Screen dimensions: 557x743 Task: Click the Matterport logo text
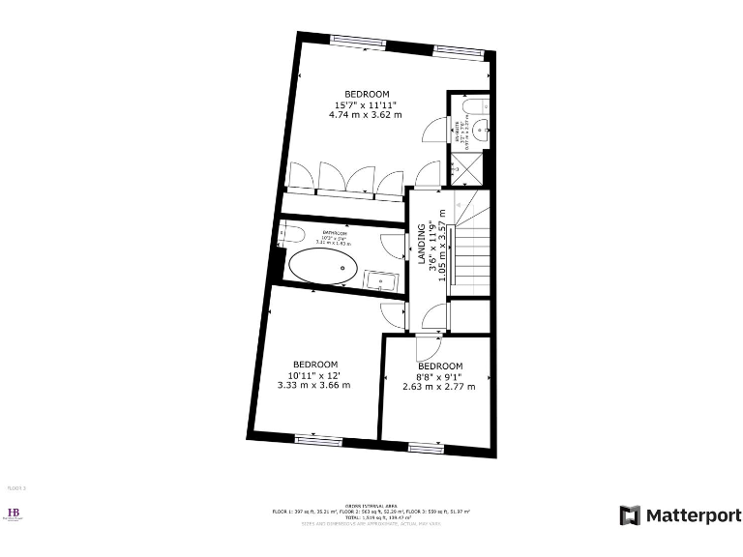pos(693,515)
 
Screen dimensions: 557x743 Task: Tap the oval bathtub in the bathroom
pos(323,268)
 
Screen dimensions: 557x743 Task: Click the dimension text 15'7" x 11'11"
pos(366,104)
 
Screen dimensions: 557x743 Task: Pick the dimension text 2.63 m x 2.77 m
pos(439,387)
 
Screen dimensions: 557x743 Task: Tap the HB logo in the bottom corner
pos(15,514)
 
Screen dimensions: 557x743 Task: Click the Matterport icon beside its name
pos(630,515)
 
